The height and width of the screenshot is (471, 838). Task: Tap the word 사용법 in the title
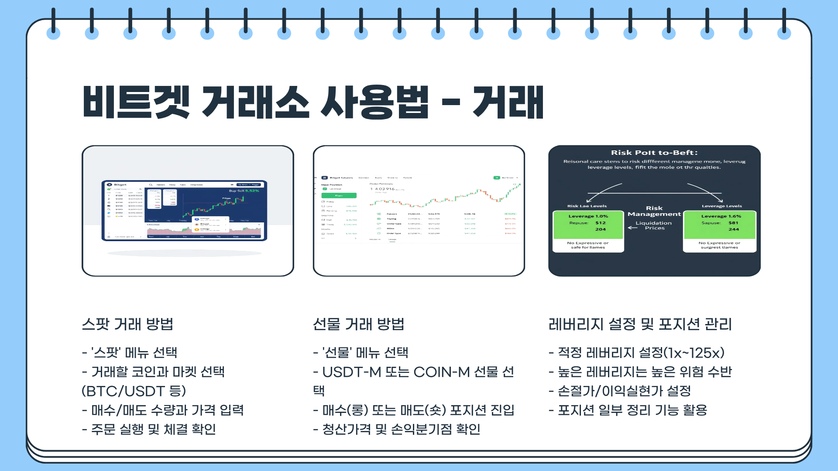[374, 102]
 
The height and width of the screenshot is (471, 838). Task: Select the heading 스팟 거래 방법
[127, 324]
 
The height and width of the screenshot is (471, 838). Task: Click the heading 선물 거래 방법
[358, 324]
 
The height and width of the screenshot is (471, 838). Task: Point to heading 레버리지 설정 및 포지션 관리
[640, 324]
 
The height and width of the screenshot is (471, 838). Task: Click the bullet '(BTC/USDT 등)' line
[134, 391]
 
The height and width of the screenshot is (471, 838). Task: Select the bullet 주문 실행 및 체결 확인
[149, 429]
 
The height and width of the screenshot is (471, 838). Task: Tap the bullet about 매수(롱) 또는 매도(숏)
[414, 410]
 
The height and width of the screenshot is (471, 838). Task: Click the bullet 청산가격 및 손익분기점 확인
[397, 429]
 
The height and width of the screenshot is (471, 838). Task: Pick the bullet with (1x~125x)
[636, 352]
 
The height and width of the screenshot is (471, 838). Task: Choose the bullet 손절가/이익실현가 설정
[620, 391]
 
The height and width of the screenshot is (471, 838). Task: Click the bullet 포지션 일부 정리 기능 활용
[628, 410]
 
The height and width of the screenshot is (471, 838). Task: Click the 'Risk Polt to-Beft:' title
[654, 153]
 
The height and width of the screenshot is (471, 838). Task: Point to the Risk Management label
[654, 211]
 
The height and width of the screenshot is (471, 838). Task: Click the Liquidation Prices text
[654, 225]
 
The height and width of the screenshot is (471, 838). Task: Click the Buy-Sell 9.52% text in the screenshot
[244, 191]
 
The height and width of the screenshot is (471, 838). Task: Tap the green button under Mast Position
[339, 195]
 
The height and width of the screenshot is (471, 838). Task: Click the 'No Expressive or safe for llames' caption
[587, 245]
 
